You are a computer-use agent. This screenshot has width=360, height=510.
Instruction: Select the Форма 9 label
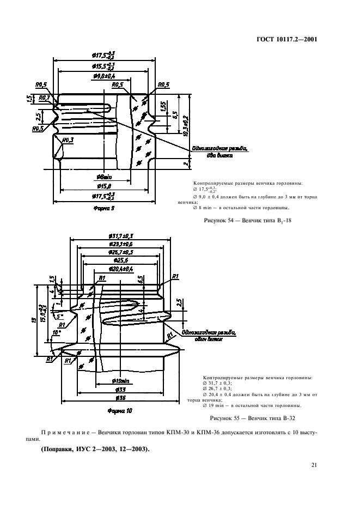103,208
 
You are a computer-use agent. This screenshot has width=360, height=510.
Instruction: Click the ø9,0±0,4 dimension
103,76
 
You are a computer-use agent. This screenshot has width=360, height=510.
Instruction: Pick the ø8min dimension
103,177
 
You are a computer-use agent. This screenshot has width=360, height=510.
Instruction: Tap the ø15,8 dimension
103,186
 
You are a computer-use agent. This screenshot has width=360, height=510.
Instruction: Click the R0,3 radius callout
68,140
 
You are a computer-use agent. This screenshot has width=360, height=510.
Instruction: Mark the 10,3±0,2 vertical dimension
186,125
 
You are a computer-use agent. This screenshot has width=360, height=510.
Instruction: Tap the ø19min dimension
121,380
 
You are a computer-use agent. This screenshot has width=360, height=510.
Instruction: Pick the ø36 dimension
121,398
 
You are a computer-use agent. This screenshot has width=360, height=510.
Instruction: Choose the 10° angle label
56,331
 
